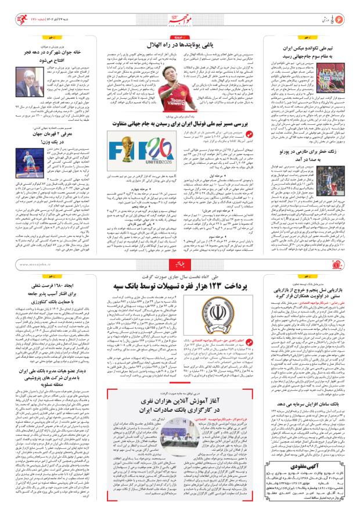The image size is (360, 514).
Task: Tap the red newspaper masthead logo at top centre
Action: [x=180, y=13]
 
